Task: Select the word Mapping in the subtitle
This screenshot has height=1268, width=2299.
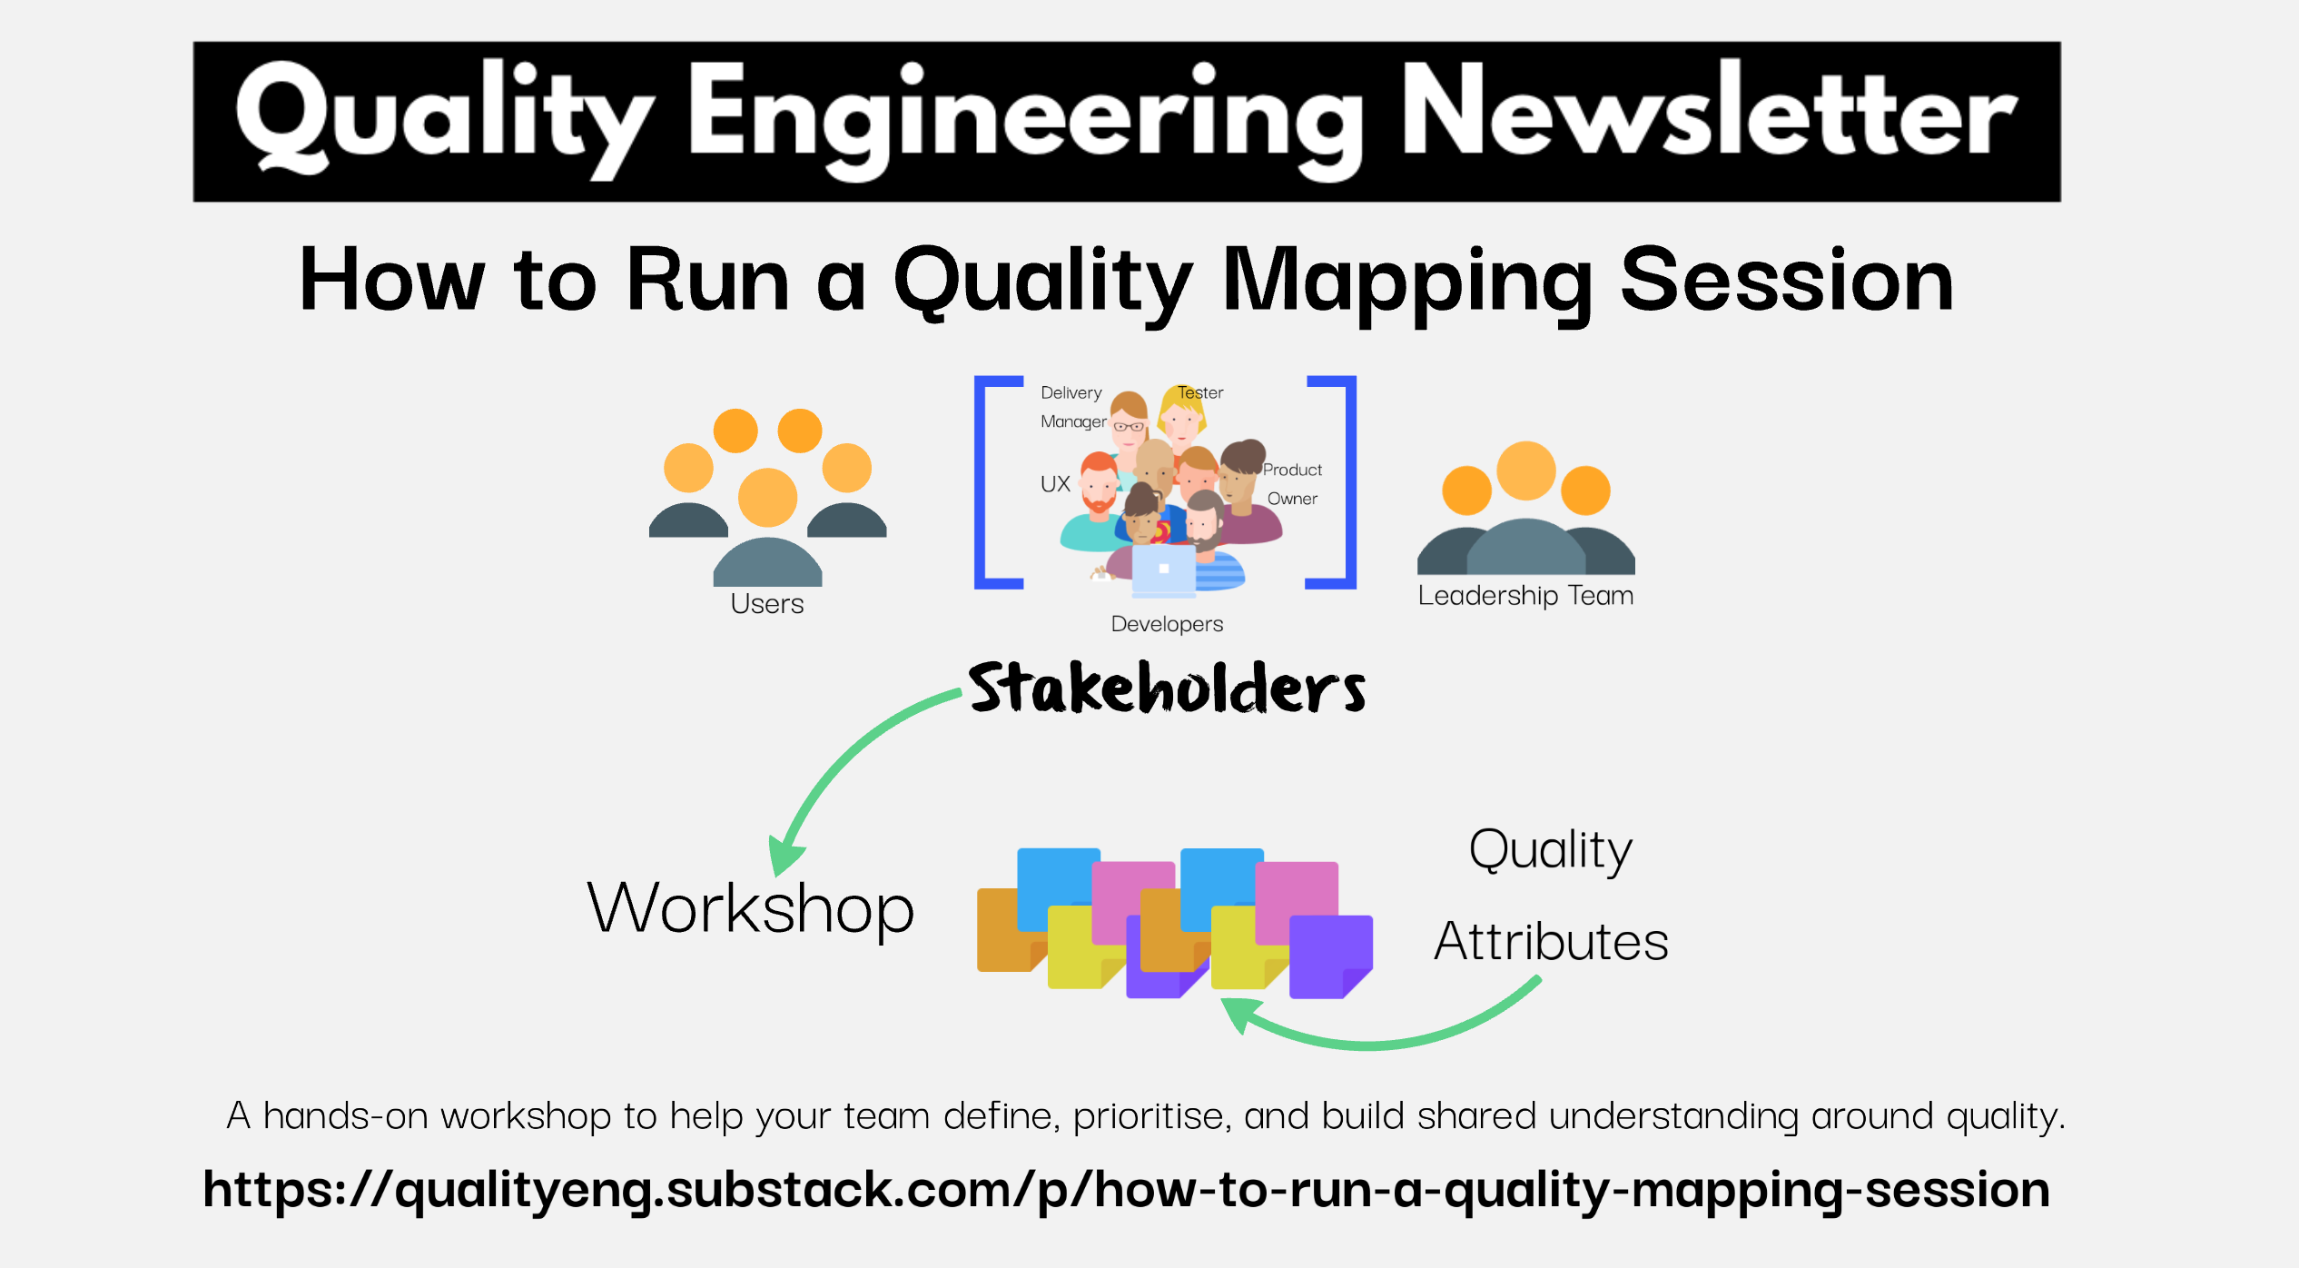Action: (1406, 282)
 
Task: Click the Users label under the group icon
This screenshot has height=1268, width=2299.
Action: (767, 604)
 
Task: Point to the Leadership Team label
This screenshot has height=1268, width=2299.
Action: (1525, 596)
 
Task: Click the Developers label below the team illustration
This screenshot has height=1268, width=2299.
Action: (1167, 624)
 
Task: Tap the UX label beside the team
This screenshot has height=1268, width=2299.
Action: (1055, 484)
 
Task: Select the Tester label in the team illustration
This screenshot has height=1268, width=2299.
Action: (1200, 392)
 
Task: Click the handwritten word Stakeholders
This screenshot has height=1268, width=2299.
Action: (1167, 688)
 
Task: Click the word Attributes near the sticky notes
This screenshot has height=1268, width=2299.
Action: (1551, 941)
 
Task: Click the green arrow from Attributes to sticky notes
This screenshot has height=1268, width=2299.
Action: (1380, 1035)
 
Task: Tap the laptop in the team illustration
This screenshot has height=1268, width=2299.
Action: (1163, 570)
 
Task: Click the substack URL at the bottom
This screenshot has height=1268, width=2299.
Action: (1126, 1190)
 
